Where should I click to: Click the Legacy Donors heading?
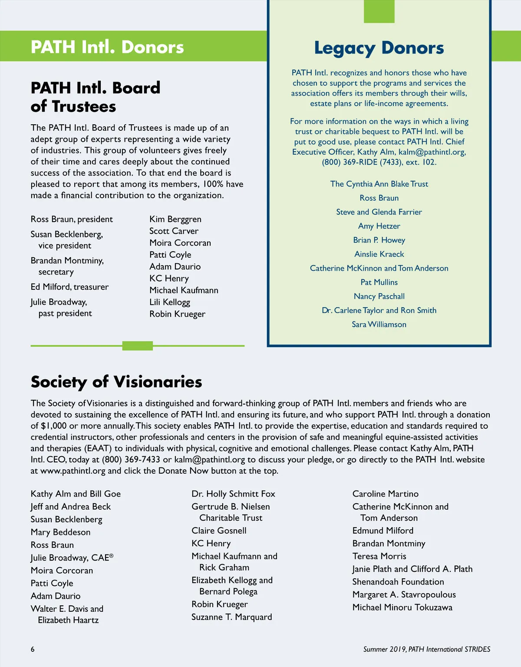(379, 48)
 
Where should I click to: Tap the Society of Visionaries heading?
(116, 382)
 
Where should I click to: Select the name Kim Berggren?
(175, 219)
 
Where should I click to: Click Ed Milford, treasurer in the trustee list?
(69, 287)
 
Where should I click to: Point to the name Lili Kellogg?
(170, 302)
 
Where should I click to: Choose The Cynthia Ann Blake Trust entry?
(379, 184)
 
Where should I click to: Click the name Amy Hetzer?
(379, 226)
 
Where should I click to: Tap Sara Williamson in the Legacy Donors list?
(379, 324)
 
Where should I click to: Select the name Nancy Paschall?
(379, 296)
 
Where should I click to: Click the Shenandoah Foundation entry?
(398, 582)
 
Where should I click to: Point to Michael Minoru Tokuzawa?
(402, 607)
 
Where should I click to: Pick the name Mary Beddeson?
(61, 532)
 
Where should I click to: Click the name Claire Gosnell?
(219, 531)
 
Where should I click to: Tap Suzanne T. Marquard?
(232, 617)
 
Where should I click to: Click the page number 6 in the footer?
(33, 649)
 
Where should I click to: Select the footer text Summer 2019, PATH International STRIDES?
(427, 649)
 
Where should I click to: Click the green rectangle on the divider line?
(138, 346)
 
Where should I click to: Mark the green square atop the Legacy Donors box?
(379, 11)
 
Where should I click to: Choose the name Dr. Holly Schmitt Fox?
(233, 494)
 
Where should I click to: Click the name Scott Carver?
(174, 231)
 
